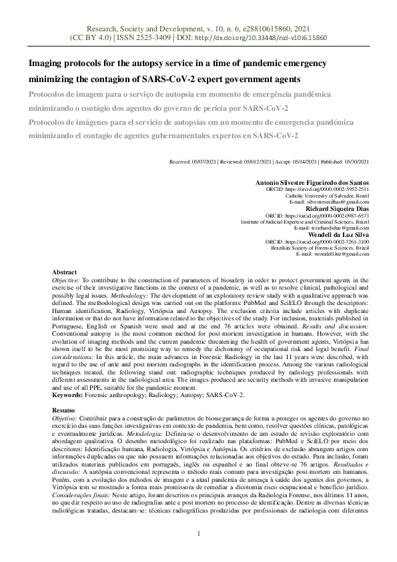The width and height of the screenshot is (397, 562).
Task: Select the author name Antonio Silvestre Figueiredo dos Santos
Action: point(312,182)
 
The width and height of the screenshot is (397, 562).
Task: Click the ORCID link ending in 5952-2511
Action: point(332,189)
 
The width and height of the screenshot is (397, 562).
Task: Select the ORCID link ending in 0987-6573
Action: point(332,215)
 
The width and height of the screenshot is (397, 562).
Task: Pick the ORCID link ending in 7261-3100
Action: point(332,241)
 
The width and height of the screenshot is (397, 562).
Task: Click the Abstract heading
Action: point(65,273)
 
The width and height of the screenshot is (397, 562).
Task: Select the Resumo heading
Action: point(64,410)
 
